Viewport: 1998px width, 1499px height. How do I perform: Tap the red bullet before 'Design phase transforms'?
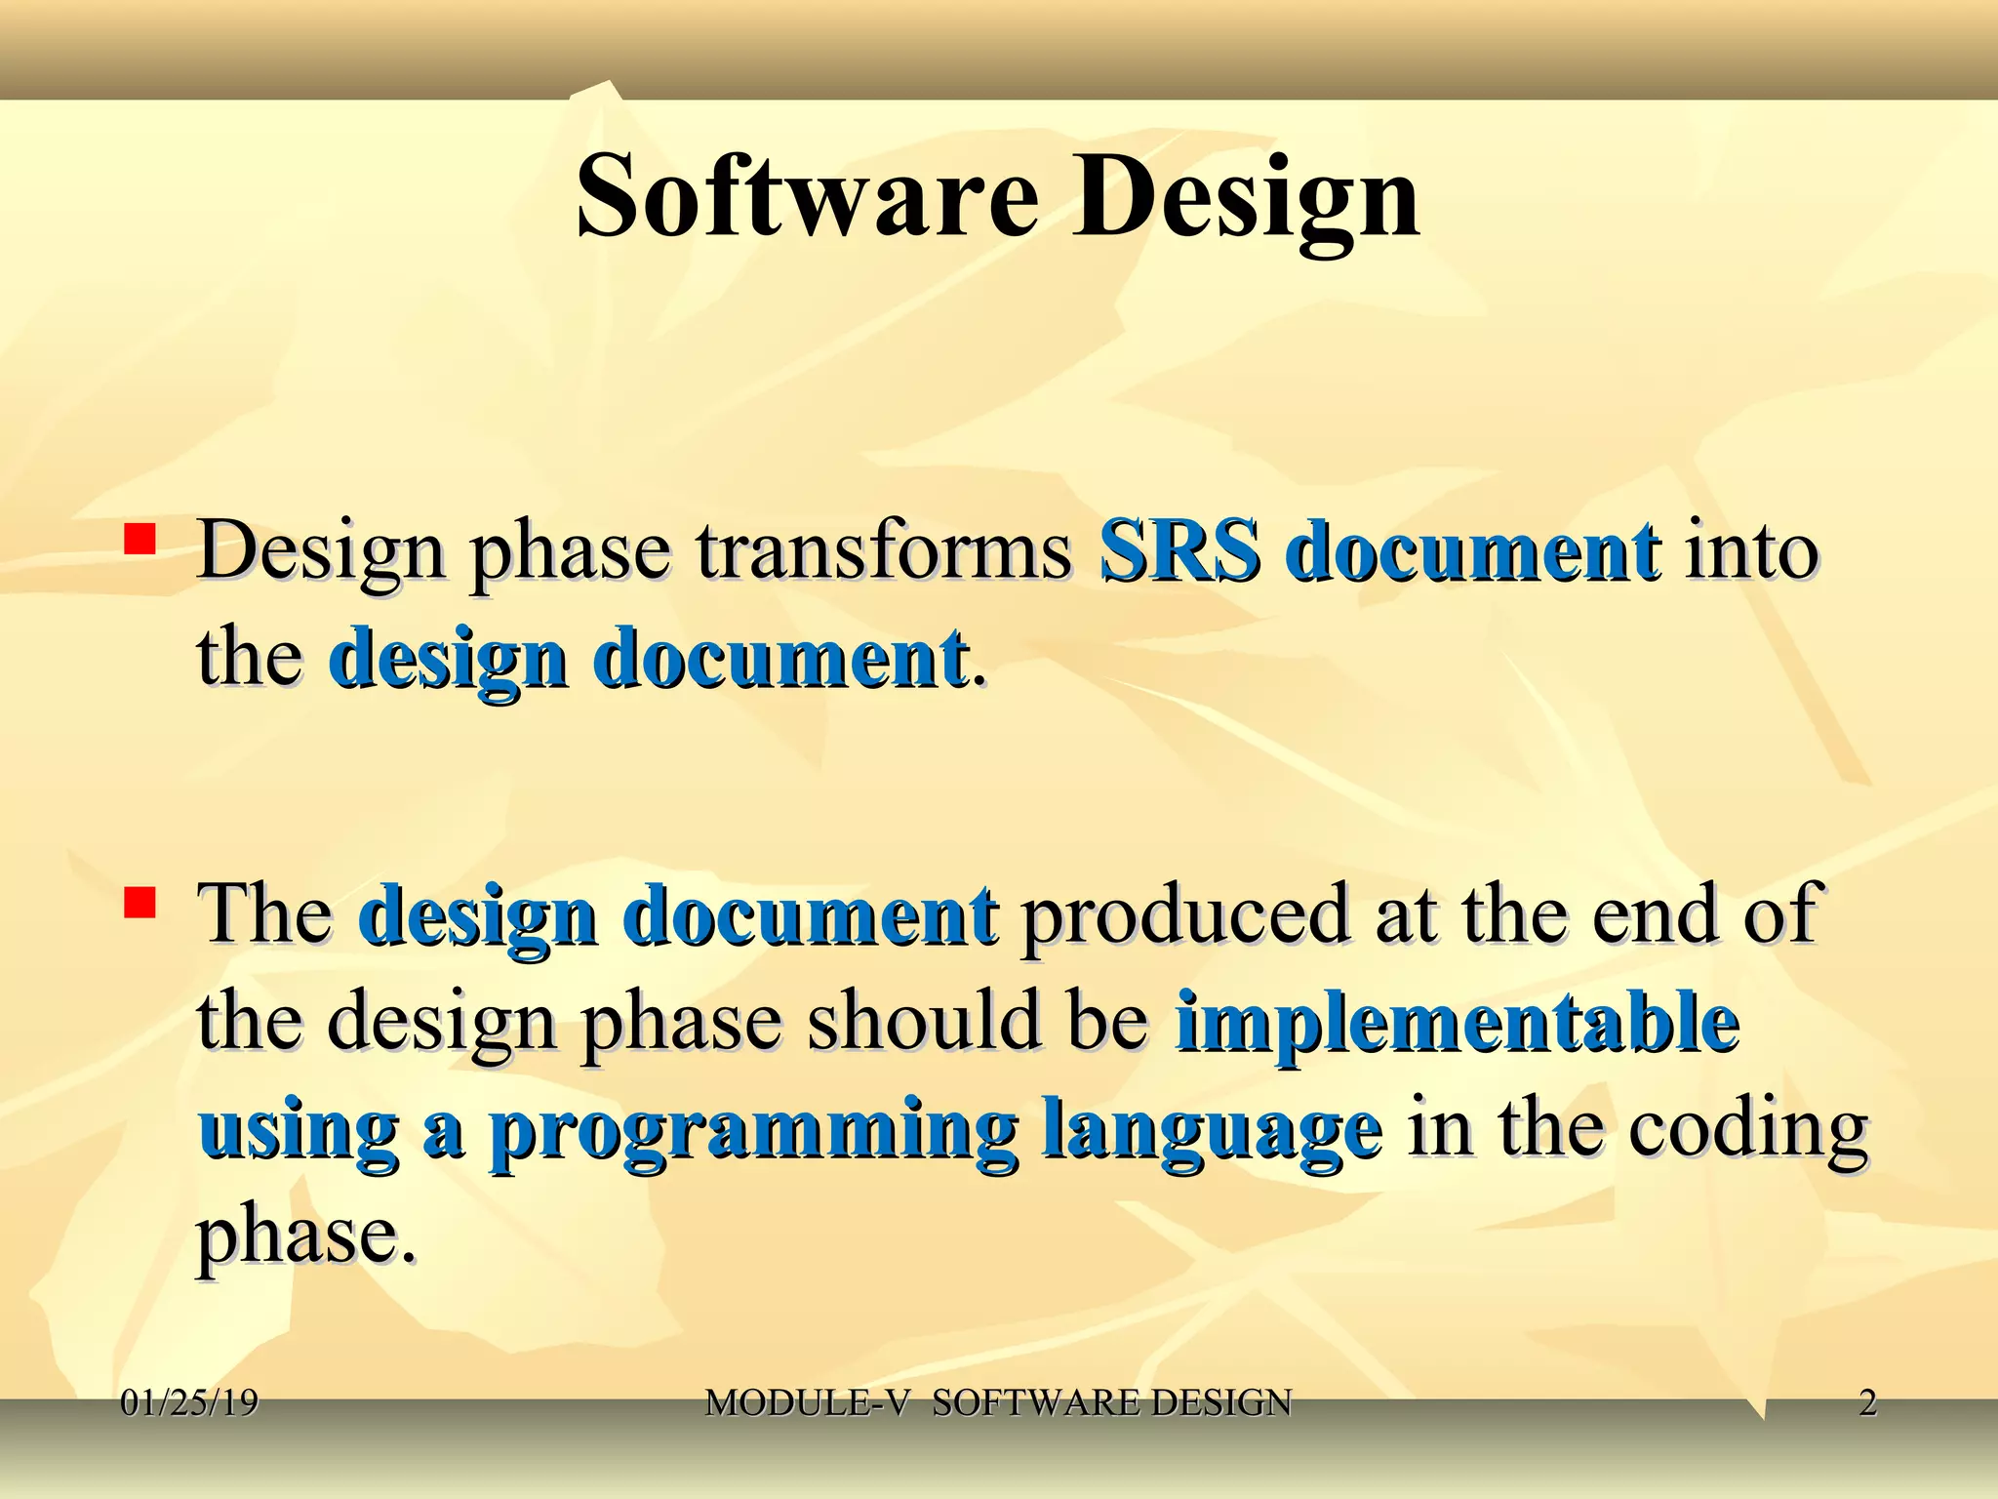pyautogui.click(x=140, y=540)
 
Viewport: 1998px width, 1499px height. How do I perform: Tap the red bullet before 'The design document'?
pyautogui.click(x=140, y=904)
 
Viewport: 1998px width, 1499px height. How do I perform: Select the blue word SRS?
pyautogui.click(x=1179, y=551)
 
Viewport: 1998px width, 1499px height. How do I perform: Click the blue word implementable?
pyautogui.click(x=1458, y=1023)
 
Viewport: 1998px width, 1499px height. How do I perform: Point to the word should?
pyautogui.click(x=924, y=1023)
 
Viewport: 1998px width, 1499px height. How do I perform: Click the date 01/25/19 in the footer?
pyautogui.click(x=189, y=1403)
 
